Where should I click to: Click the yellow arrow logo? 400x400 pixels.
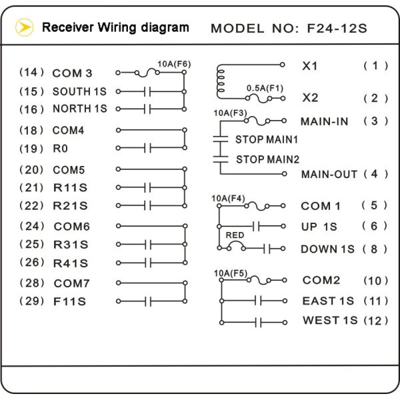24,27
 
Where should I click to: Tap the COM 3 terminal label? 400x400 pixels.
72,73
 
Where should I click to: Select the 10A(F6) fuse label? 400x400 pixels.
174,64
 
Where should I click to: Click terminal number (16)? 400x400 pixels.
31,108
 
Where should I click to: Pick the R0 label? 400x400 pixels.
60,148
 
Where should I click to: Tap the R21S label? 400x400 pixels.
70,205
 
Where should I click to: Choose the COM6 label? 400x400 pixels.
71,227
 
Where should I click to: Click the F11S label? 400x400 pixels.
69,301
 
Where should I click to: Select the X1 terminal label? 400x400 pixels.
310,66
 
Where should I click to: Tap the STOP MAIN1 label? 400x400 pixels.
267,140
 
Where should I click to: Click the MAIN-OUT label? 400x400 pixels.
329,175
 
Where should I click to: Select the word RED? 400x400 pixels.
234,235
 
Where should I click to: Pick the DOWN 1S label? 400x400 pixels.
327,249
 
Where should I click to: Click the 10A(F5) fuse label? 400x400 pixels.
229,273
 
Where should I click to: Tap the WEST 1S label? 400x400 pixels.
330,321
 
